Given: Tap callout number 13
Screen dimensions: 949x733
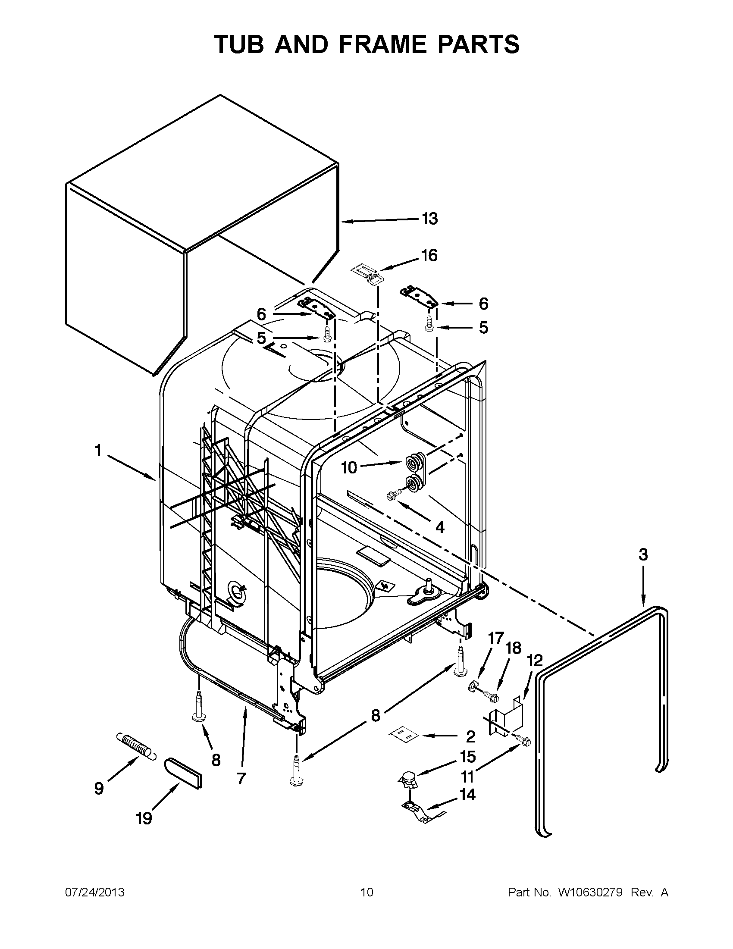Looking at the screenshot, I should coord(429,219).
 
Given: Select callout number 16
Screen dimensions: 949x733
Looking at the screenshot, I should coord(429,256).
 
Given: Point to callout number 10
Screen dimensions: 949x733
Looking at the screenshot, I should coord(349,467).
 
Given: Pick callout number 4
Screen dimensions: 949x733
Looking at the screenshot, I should coord(440,527).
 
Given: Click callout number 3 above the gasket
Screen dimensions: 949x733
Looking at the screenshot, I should coord(643,554).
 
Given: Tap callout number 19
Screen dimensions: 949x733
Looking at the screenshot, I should coord(144,819).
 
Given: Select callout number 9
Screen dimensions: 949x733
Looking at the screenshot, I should coord(99,788).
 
